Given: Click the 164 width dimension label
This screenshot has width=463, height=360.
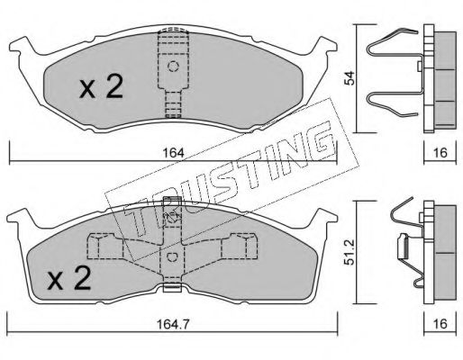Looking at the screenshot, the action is (x=173, y=153).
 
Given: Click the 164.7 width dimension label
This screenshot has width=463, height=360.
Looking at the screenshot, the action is (x=173, y=324).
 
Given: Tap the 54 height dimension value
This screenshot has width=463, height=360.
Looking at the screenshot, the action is (x=350, y=78).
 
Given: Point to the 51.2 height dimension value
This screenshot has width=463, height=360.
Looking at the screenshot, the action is (x=350, y=252).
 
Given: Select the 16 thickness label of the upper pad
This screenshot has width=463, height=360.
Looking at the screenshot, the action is (x=440, y=153).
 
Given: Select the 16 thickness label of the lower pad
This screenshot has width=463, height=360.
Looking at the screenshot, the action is (x=440, y=324).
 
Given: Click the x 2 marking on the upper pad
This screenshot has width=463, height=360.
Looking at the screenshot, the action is (x=102, y=86).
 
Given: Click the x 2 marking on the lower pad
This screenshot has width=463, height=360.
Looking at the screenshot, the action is (x=69, y=278).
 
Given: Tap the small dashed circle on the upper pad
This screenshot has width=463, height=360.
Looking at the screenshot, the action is (x=173, y=67).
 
